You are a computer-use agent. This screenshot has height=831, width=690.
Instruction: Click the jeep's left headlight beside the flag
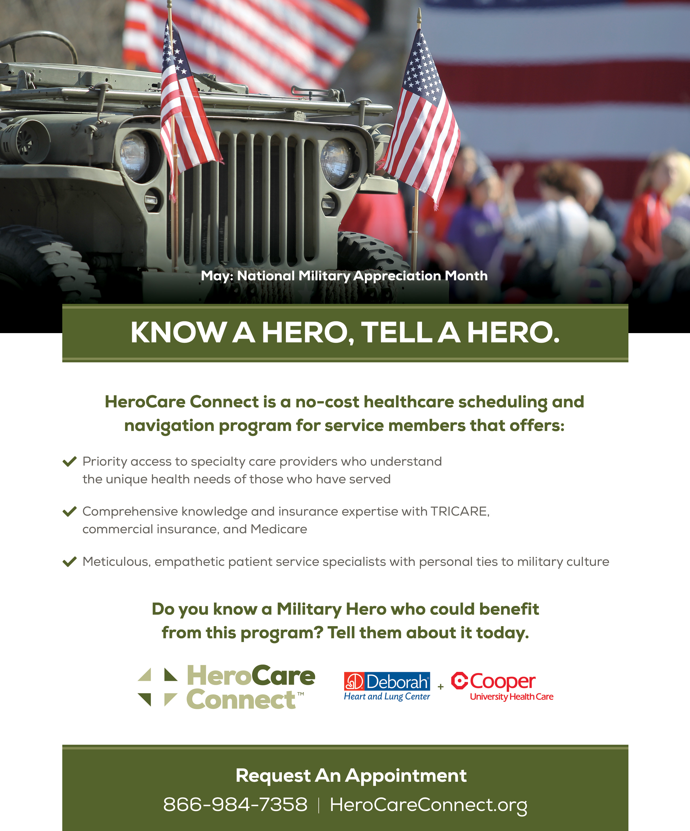pos(135,157)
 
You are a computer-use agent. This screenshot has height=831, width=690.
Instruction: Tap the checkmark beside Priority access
pos(70,461)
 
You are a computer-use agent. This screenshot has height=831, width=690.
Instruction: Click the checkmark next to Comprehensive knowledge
pos(70,511)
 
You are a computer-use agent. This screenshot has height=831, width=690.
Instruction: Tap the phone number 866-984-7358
pos(235,805)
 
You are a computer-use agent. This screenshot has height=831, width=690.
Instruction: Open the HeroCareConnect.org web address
pos(428,805)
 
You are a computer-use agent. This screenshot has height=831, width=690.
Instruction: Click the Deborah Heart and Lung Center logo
pos(387,686)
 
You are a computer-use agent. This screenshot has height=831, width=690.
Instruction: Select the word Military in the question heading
pos(309,609)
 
